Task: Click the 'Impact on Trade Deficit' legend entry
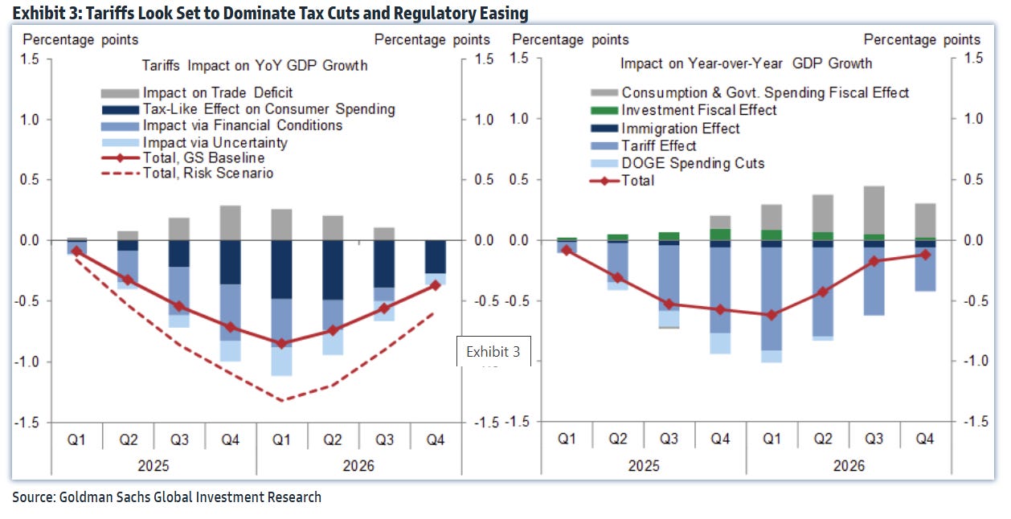[x=217, y=92]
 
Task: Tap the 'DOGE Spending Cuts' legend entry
[x=693, y=163]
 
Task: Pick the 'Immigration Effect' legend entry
[x=681, y=129]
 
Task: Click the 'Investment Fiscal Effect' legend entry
[x=699, y=110]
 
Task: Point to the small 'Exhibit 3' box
[x=493, y=351]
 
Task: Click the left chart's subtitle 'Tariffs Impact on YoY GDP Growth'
[x=255, y=65]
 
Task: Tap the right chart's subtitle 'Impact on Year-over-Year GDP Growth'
[x=746, y=63]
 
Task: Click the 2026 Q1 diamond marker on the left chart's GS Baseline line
[x=280, y=343]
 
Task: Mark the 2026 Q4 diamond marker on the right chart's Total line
[x=925, y=254]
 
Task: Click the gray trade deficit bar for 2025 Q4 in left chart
[x=231, y=223]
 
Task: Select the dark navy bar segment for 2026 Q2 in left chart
[x=332, y=270]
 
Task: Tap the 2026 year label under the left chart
[x=358, y=465]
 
